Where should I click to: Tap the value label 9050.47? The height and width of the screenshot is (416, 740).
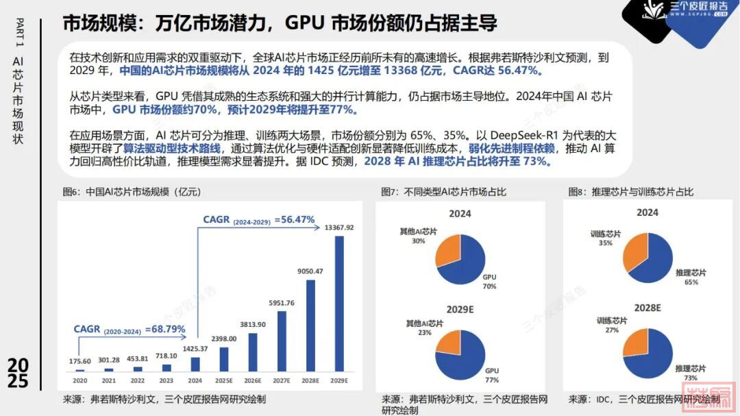pyautogui.click(x=310, y=271)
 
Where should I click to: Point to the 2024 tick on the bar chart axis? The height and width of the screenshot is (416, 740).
pyautogui.click(x=195, y=379)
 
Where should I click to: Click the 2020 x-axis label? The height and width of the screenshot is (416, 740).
pyautogui.click(x=80, y=379)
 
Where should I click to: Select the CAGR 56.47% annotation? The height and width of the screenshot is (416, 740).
pyautogui.click(x=259, y=220)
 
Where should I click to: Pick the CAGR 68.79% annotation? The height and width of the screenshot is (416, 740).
pyautogui.click(x=129, y=329)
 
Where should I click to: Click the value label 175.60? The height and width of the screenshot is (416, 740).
pyautogui.click(x=80, y=361)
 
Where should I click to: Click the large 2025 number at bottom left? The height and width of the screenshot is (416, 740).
pyautogui.click(x=18, y=374)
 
